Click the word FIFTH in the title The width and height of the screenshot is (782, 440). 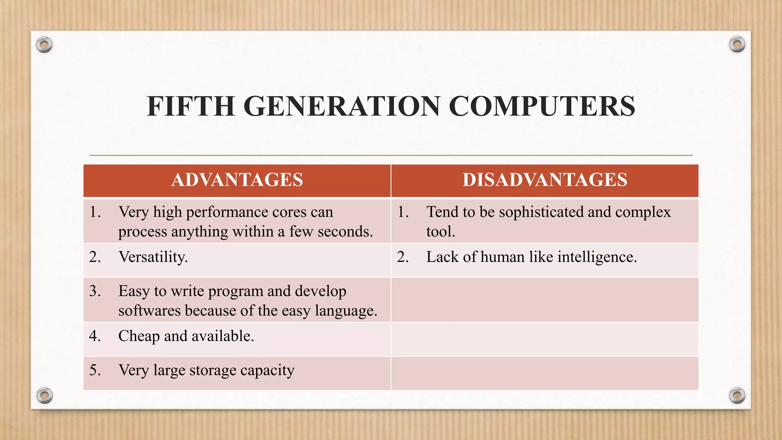point(191,106)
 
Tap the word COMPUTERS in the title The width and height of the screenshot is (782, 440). point(541,106)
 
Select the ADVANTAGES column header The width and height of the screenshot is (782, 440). point(237,180)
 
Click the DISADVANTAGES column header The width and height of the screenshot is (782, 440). point(545,180)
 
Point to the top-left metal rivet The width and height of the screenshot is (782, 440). point(44,45)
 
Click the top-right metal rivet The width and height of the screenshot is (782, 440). point(737,45)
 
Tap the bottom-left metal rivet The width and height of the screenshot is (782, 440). point(44,395)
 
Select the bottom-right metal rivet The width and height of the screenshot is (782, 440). point(737,395)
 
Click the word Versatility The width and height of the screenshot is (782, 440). point(153,257)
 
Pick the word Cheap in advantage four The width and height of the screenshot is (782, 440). point(139,336)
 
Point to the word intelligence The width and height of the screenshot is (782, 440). point(597,257)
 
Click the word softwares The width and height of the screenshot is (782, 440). point(149,311)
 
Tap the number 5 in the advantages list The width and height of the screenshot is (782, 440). point(94,370)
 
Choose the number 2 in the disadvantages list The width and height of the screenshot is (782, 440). point(402,257)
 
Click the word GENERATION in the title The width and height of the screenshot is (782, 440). point(341,106)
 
